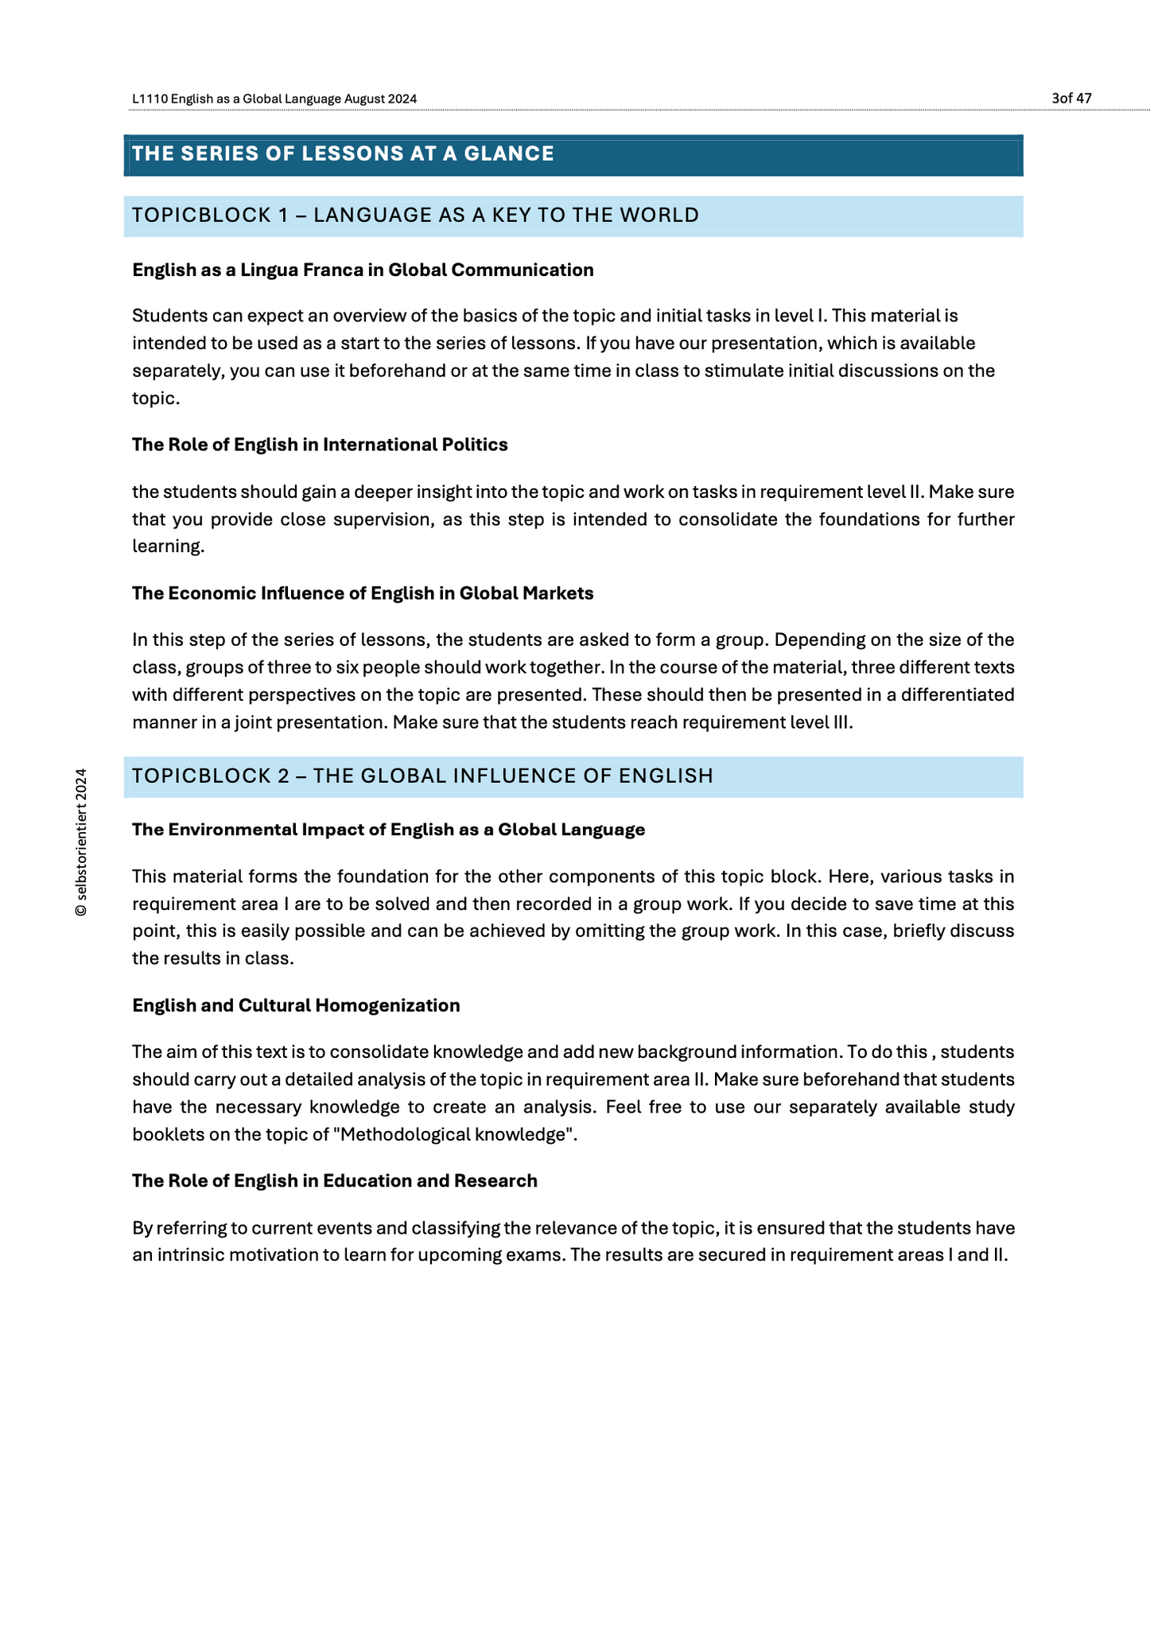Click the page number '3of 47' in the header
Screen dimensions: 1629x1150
[1070, 99]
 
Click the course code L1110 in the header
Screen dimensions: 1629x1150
[149, 99]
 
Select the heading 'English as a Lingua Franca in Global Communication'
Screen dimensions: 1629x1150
[363, 270]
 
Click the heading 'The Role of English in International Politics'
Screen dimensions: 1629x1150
[320, 445]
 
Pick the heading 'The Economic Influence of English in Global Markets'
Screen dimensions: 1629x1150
[363, 593]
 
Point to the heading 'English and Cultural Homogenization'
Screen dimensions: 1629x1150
[296, 1005]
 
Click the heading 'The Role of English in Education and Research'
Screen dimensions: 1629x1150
[335, 1180]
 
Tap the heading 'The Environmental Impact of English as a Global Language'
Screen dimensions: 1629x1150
[388, 830]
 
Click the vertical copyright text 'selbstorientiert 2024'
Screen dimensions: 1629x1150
[80, 842]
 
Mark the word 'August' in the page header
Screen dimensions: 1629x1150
[366, 99]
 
